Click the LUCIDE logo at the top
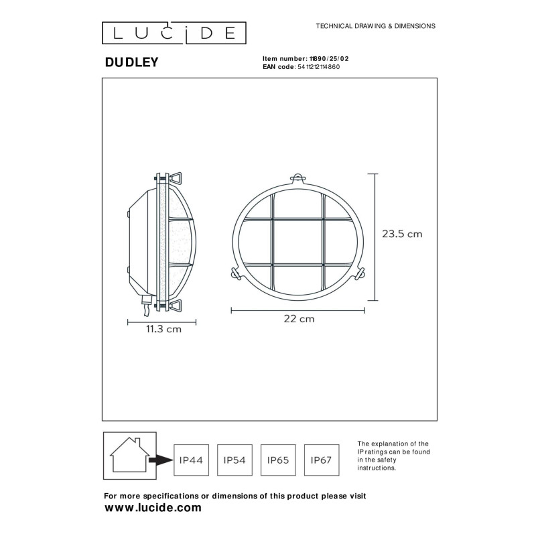pyautogui.click(x=174, y=32)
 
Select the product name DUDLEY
pyautogui.click(x=131, y=62)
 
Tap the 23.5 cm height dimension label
pyautogui.click(x=402, y=234)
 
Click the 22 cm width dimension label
pyautogui.click(x=299, y=319)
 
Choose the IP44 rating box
pyautogui.click(x=191, y=460)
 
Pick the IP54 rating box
pyautogui.click(x=234, y=460)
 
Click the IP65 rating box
pyautogui.click(x=277, y=460)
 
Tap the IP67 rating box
pyautogui.click(x=321, y=460)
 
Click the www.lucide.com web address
pyautogui.click(x=153, y=508)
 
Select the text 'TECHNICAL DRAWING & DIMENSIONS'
pyautogui.click(x=375, y=26)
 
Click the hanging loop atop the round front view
pyautogui.click(x=297, y=178)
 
